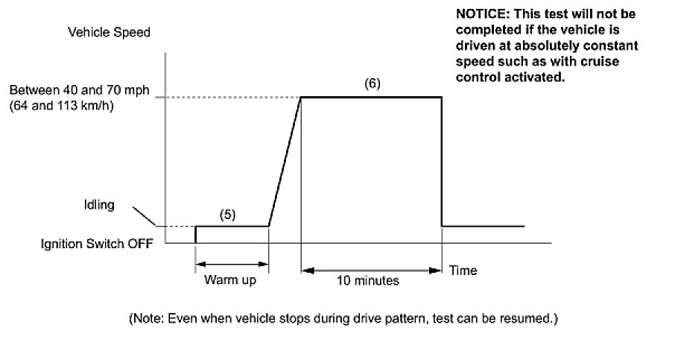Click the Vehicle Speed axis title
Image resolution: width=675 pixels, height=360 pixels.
[109, 33]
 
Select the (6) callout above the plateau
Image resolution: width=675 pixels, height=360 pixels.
[373, 83]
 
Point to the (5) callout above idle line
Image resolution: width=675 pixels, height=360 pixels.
[227, 214]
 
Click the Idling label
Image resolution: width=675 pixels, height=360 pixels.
[99, 206]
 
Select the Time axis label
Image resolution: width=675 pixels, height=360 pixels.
[462, 271]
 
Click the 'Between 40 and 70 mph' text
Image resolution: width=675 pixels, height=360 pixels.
[79, 91]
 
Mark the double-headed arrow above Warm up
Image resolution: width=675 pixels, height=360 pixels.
[231, 263]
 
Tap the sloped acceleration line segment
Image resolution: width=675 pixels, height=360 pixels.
[285, 161]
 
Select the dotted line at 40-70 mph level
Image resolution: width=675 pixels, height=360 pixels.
[231, 97]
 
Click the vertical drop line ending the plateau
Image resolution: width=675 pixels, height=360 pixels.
[442, 161]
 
